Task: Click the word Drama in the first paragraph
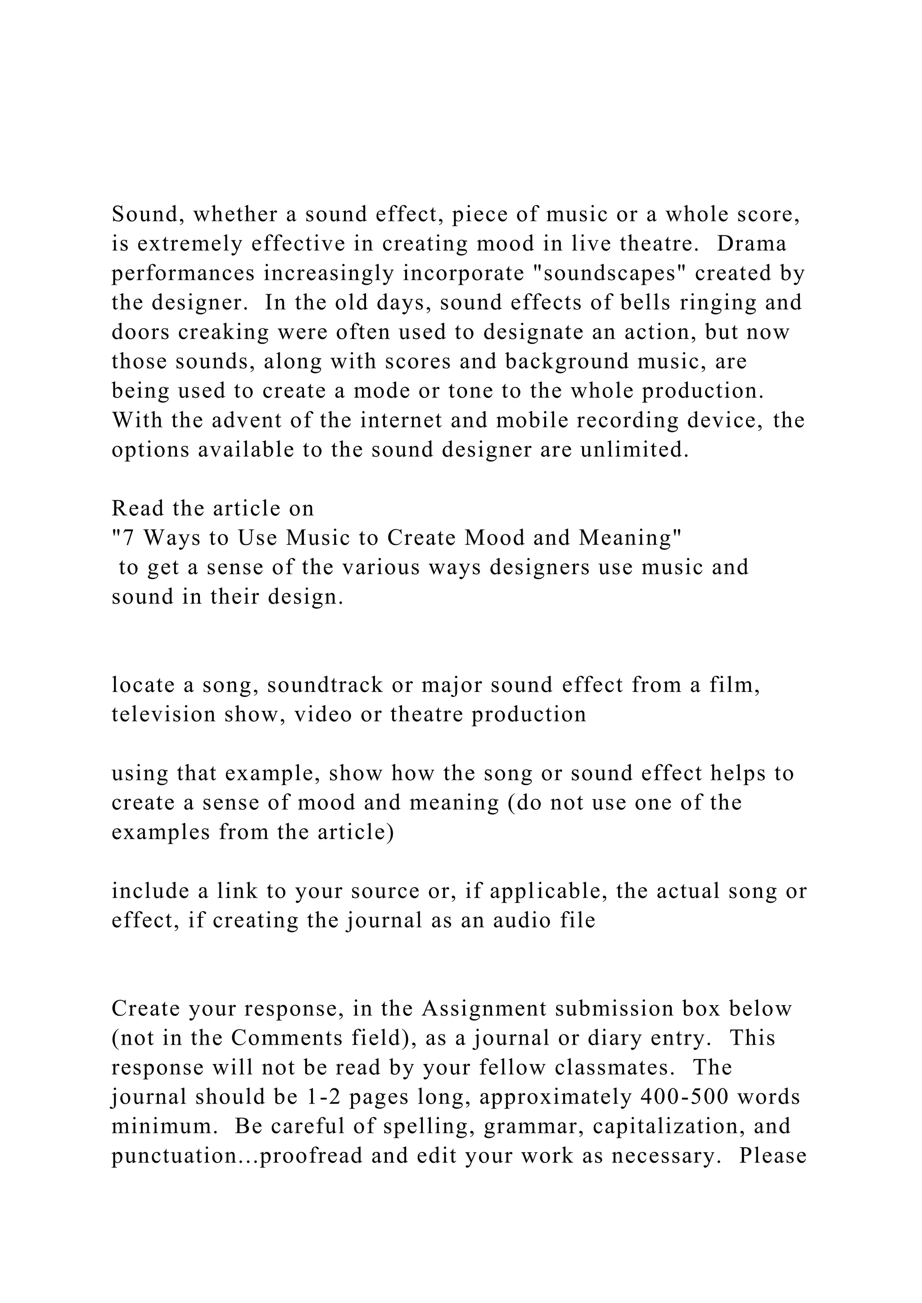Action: (752, 244)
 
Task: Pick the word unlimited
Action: (635, 449)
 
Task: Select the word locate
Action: (143, 685)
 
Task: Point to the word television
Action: (163, 714)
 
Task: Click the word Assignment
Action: (484, 1008)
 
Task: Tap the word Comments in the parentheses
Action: (285, 1038)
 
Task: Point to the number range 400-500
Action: (685, 1097)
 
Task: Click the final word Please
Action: (773, 1156)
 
